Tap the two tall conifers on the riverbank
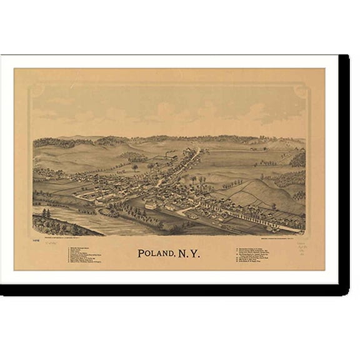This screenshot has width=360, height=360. click(x=46, y=214)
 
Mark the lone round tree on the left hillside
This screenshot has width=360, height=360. click(x=134, y=167)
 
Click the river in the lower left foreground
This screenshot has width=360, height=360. click(x=69, y=220)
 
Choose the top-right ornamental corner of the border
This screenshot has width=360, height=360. click(x=302, y=91)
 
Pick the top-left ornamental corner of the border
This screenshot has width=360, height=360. click(x=36, y=91)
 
